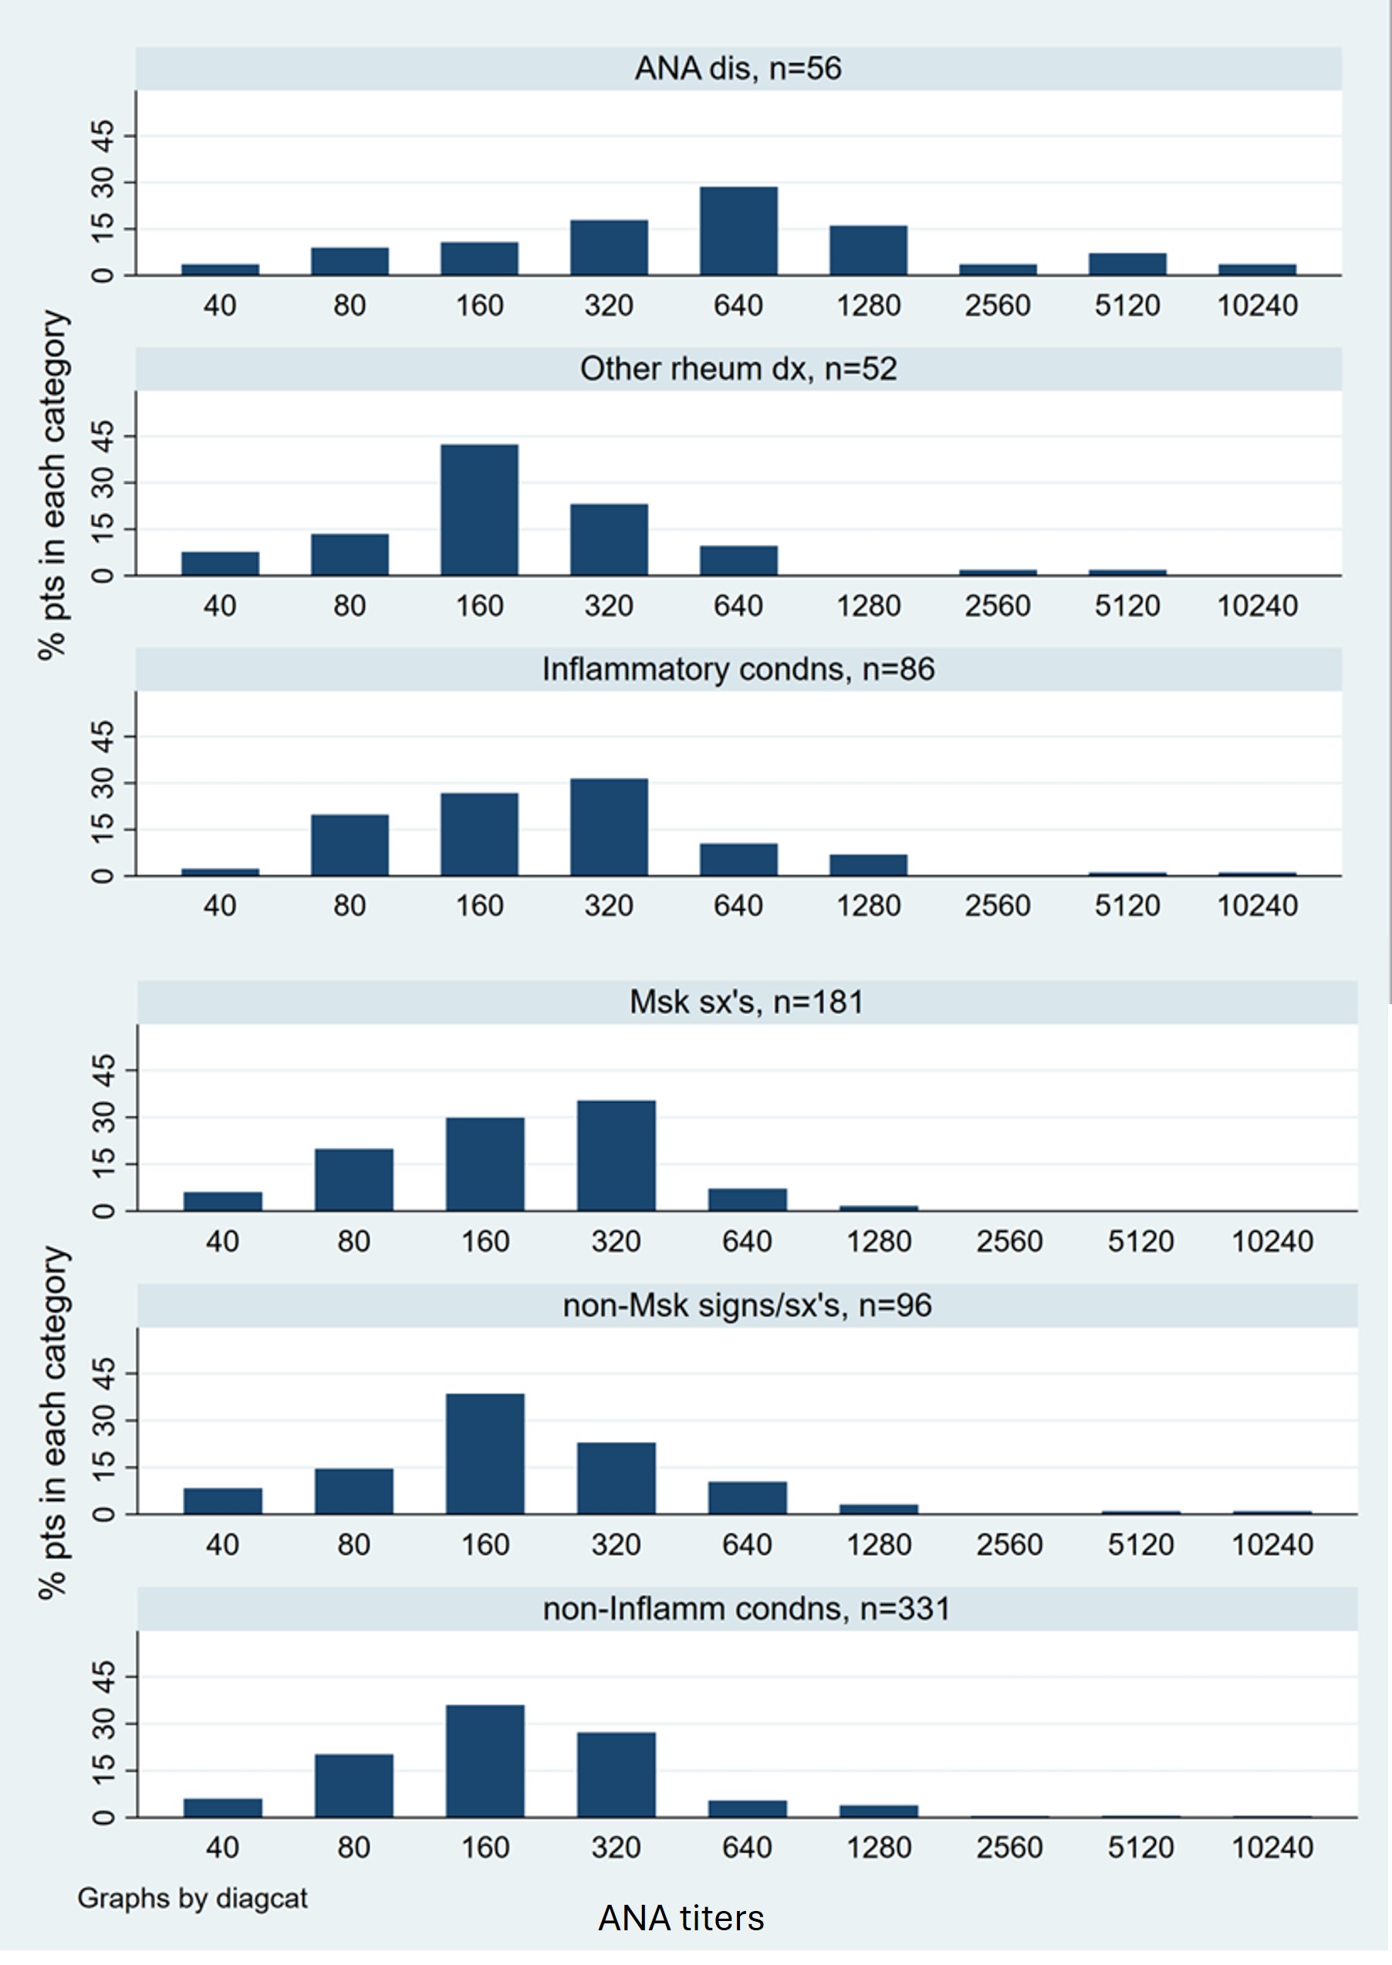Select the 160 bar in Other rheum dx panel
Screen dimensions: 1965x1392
click(x=479, y=509)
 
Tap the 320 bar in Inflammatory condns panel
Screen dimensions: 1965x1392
click(x=609, y=827)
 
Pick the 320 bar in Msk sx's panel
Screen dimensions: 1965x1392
click(x=616, y=1155)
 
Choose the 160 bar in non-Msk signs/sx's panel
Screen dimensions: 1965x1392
click(x=485, y=1454)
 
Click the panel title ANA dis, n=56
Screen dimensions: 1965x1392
click(x=738, y=69)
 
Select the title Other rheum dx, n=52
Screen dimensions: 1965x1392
click(x=738, y=369)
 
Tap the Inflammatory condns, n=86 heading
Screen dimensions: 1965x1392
click(x=738, y=668)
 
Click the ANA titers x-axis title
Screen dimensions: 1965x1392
click(x=681, y=1918)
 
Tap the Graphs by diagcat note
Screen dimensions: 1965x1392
click(x=192, y=1898)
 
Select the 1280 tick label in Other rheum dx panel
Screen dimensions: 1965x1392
click(x=868, y=606)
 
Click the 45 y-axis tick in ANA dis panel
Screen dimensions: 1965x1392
click(x=102, y=136)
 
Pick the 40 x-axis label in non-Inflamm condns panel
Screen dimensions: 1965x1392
click(x=222, y=1847)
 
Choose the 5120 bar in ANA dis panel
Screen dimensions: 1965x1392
click(x=1127, y=264)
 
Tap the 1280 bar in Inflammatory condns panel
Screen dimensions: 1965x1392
click(x=868, y=864)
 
